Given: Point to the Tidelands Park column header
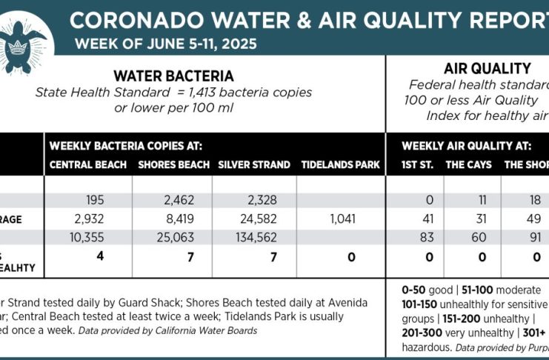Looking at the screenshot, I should [340, 164].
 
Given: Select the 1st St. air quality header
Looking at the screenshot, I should [417, 164].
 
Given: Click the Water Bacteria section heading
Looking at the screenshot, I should [173, 76].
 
